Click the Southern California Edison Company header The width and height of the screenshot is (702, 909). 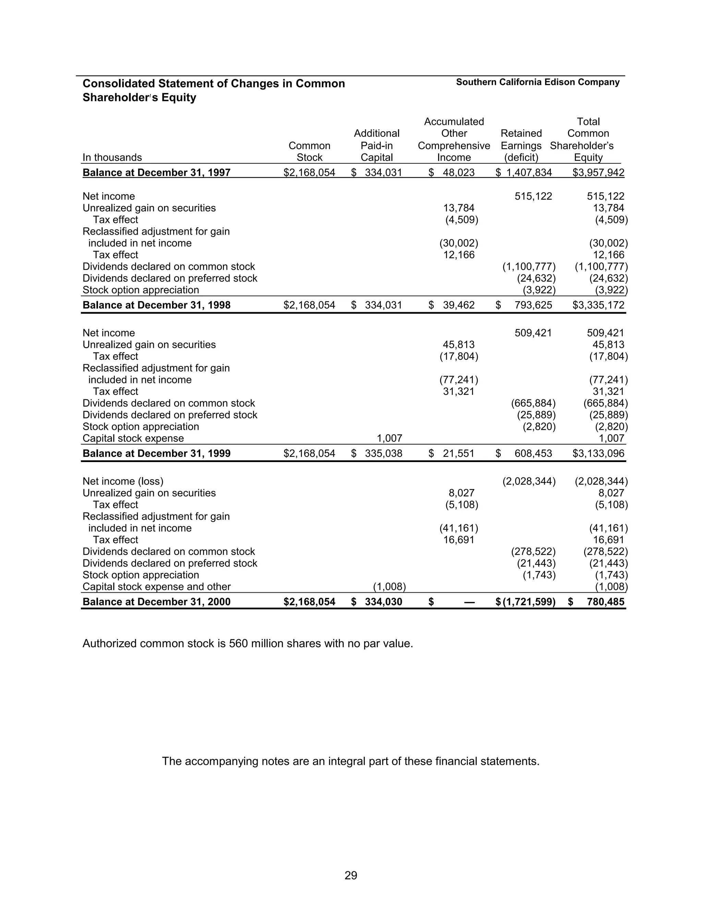(537, 82)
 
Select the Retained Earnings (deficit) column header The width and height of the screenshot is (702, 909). (521, 145)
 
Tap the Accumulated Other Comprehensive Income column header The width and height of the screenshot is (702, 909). (454, 139)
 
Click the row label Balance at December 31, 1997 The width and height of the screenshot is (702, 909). (156, 173)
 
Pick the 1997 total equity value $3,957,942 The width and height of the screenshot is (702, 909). (598, 173)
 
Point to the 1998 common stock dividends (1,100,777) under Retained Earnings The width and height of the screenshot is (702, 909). (529, 267)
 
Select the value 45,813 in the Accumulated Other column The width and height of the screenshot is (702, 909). (458, 345)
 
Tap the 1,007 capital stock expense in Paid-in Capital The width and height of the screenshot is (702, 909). (389, 439)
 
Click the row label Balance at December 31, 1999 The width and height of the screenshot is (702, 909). (156, 454)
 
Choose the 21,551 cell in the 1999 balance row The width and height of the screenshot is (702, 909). (458, 454)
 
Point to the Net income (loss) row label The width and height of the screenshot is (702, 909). (123, 482)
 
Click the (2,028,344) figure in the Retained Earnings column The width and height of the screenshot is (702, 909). (529, 482)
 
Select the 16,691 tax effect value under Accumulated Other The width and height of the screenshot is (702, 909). (458, 540)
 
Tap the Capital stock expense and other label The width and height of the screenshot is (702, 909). (156, 587)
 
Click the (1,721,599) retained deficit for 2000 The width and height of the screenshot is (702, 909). (529, 602)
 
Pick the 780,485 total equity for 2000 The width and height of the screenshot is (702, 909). (606, 602)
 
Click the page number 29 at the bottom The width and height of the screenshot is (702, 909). (351, 876)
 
